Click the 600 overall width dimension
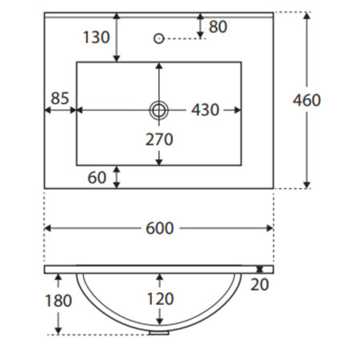(160, 228)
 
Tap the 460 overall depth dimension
(306, 100)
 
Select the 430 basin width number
(206, 110)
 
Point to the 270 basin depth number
(159, 139)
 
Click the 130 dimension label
(97, 37)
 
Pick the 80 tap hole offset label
(218, 26)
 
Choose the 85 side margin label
(60, 98)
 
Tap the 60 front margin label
(97, 178)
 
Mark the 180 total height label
(58, 301)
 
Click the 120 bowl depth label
(161, 298)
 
